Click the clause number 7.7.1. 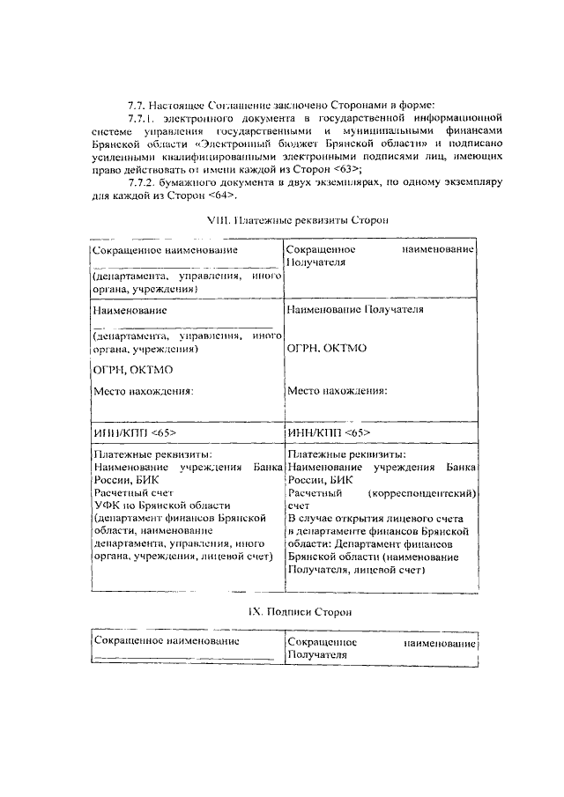pyautogui.click(x=143, y=116)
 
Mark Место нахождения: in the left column pyautogui.click(x=143, y=390)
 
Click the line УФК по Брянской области pyautogui.click(x=161, y=506)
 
